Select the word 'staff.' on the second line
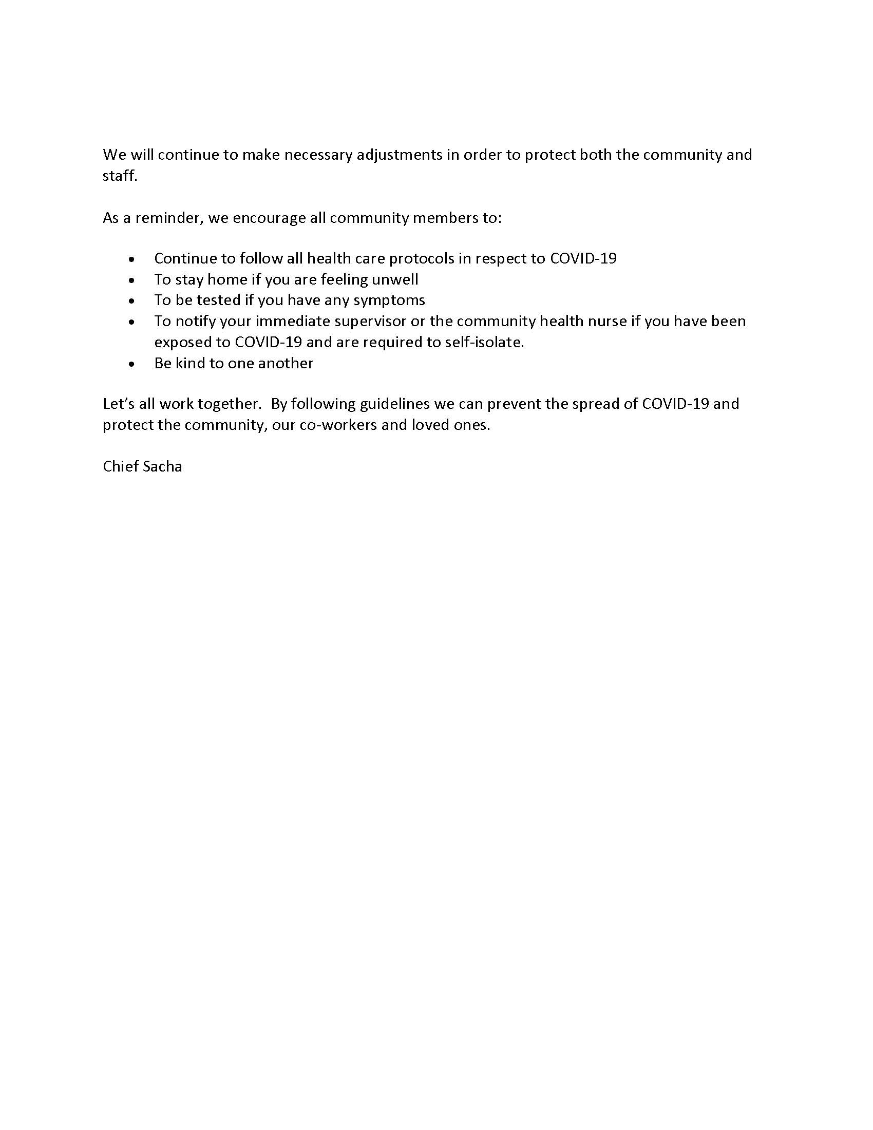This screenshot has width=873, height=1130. pos(120,176)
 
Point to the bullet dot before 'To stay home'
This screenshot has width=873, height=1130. pos(133,280)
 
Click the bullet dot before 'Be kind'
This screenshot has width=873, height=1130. pos(133,364)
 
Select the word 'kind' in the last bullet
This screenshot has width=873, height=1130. pos(190,363)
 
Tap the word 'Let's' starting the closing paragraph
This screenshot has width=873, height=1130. pos(119,404)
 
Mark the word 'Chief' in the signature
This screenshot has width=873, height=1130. pos(120,467)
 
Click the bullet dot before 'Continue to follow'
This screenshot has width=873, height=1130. pos(133,259)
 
